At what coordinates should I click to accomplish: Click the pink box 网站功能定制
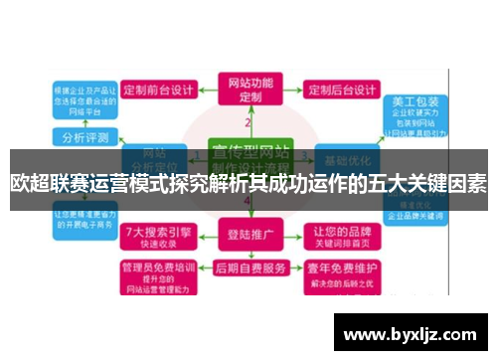(x=248, y=89)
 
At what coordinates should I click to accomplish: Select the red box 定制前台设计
(x=162, y=90)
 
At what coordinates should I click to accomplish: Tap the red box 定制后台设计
(x=340, y=90)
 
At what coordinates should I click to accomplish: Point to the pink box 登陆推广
(x=249, y=237)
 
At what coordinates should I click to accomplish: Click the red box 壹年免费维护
(x=340, y=272)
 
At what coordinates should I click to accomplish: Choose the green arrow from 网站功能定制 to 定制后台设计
(x=290, y=90)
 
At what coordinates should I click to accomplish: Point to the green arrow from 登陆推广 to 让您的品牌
(x=290, y=237)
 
